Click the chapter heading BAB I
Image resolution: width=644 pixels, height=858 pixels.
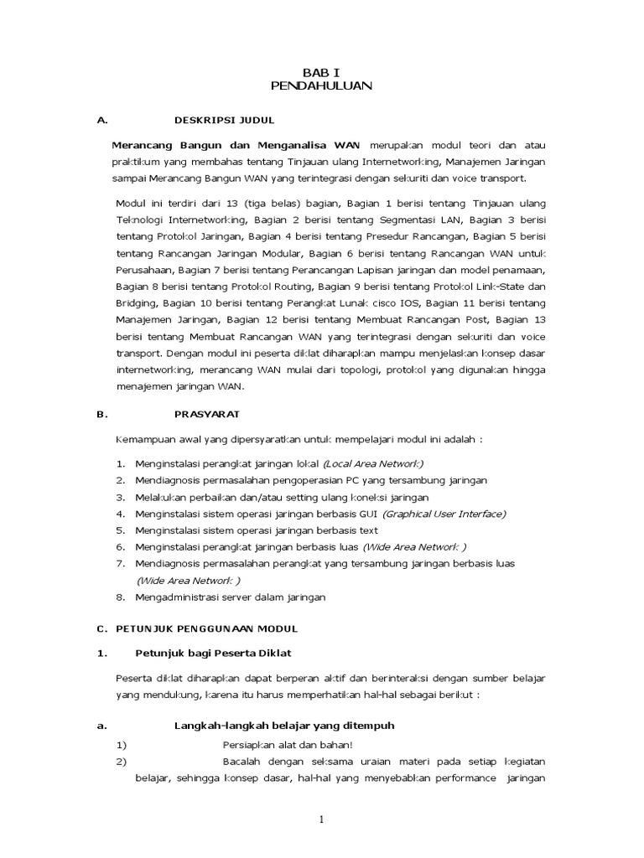click(322, 72)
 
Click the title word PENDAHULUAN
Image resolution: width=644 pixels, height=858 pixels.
click(322, 85)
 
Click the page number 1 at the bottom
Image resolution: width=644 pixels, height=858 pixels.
click(322, 819)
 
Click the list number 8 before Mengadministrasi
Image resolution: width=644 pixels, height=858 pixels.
click(120, 597)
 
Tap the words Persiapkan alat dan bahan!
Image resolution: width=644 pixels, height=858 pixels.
click(287, 744)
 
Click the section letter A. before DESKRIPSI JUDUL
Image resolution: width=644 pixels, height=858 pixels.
click(102, 121)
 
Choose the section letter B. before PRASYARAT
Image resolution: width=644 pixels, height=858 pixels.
click(102, 414)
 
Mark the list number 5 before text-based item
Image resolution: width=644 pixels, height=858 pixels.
click(120, 530)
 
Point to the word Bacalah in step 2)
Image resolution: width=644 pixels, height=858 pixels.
click(240, 761)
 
